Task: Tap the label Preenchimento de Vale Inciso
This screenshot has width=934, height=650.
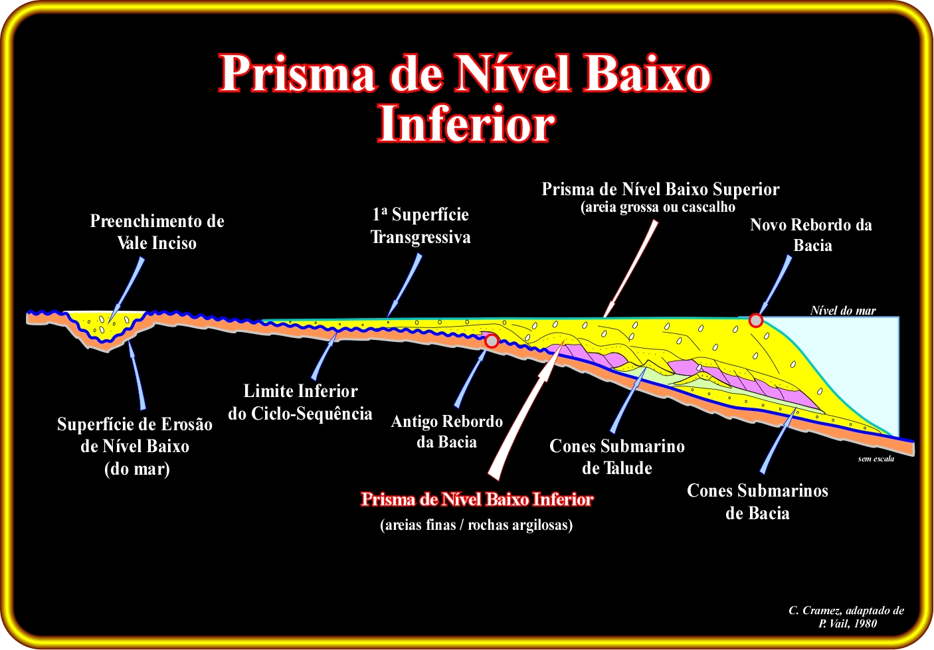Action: coord(157,232)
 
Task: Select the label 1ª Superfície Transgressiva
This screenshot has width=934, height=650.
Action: coord(420,226)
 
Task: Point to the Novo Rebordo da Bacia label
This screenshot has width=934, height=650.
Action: coord(811,235)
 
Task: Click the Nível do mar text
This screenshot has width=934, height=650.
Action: coord(843,311)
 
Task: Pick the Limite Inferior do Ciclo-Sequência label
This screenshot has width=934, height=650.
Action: coord(300,402)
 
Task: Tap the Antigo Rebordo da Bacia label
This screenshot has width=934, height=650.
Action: coord(447,432)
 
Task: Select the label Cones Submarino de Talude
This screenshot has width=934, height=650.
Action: coord(617,457)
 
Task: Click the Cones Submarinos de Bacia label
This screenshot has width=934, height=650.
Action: coord(757,502)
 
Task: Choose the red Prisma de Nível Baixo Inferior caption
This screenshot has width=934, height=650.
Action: coord(477,499)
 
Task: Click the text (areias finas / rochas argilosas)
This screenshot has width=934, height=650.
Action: coord(476,525)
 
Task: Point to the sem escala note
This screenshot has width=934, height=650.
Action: coord(876,459)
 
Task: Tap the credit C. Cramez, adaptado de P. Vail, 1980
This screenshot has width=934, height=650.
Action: coord(846,617)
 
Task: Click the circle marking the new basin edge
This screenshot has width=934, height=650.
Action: coord(755,321)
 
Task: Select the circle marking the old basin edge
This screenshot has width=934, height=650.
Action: coord(492,341)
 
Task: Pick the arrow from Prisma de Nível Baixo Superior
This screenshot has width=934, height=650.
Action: coord(630,269)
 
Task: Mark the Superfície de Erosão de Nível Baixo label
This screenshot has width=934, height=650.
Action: coord(135,447)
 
